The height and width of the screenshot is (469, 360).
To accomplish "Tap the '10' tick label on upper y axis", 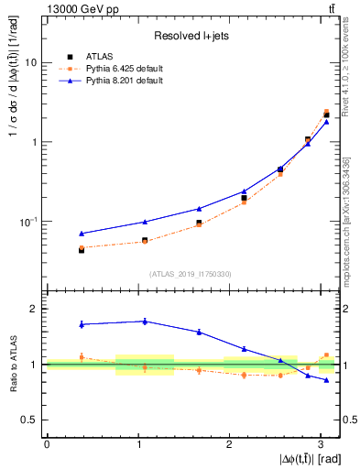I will pos(30,63).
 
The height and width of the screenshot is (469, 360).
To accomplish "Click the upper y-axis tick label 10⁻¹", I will pos(28,222).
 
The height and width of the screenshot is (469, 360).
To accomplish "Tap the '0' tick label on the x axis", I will pos(46,444).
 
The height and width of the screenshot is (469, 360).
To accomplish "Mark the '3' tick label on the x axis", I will pos(321,444).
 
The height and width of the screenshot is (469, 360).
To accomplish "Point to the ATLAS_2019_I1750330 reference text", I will pos(191,274).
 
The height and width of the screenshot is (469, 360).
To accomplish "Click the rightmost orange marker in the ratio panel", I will pos(326,354).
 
